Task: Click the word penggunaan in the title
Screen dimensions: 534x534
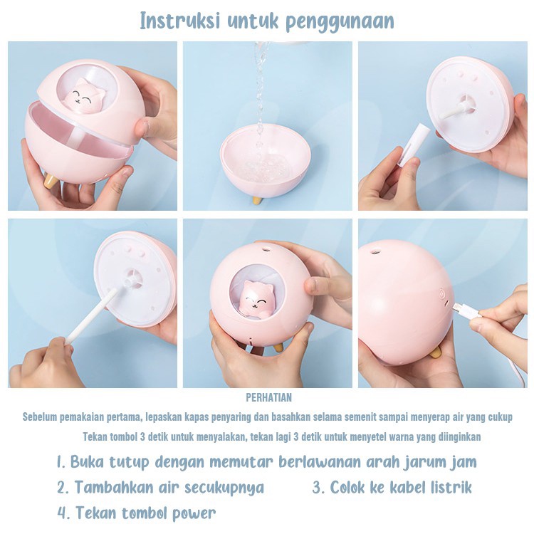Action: coord(340,21)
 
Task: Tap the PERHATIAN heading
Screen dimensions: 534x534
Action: coord(268,398)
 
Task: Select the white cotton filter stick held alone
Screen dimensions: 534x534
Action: coord(414,145)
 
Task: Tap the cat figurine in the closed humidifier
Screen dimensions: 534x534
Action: coord(257,297)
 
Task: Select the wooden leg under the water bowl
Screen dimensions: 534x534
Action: coord(256,200)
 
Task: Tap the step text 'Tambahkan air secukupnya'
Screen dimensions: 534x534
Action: coord(161,488)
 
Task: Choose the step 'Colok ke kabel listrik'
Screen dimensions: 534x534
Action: coord(392,488)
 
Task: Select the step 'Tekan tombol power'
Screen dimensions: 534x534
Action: coord(137,513)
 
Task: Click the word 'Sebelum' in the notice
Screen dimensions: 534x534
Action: coord(41,417)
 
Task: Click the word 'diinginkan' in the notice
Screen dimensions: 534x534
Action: coord(456,436)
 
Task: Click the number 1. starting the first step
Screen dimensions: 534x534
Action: coord(61,461)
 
